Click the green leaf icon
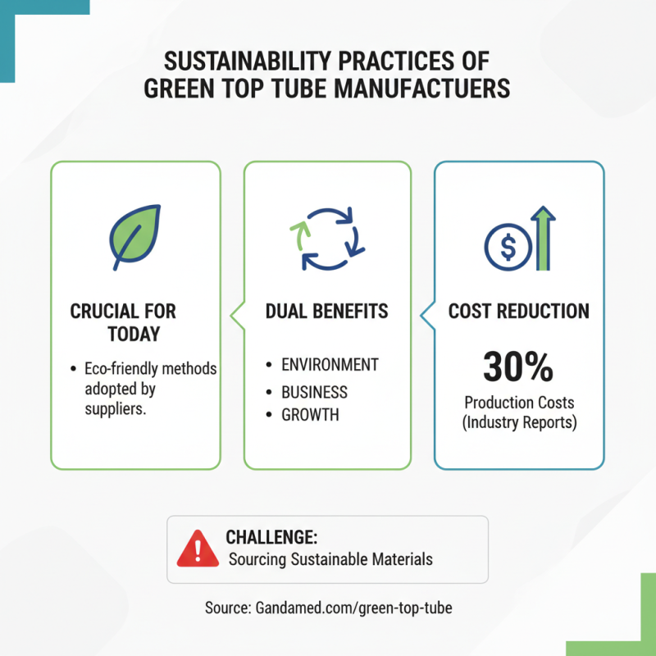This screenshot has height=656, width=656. click(134, 237)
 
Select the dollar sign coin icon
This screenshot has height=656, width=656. click(508, 247)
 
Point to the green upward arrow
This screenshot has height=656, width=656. click(543, 238)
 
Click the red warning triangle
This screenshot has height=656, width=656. click(198, 549)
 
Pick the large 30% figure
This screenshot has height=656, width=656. click(518, 367)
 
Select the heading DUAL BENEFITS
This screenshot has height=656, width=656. click(326, 312)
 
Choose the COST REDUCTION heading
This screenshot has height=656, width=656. click(519, 312)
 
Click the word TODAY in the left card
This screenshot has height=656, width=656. click(134, 334)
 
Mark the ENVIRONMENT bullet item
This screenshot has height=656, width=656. click(330, 364)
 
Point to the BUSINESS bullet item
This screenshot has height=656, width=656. click(314, 392)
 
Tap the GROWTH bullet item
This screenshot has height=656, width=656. click(310, 415)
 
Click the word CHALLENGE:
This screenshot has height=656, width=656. click(271, 537)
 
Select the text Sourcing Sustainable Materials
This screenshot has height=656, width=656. click(330, 559)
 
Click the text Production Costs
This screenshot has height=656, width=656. click(519, 403)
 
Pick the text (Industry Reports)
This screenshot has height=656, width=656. click(520, 422)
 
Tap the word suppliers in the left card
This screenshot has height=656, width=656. click(116, 408)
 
